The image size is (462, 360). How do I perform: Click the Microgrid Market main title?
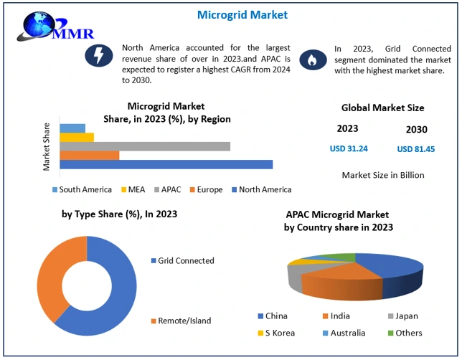tap(231, 14)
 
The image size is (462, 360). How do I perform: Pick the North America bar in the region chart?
tap(166, 164)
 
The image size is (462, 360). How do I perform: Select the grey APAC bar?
tap(145, 146)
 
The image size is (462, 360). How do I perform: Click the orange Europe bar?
tap(90, 155)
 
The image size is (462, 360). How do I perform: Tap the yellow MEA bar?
tap(77, 137)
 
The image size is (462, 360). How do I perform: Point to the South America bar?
tap(72, 128)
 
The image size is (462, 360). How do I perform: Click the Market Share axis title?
tap(47, 146)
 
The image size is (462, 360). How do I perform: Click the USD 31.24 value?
tap(349, 148)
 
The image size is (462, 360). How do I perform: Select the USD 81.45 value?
tap(415, 149)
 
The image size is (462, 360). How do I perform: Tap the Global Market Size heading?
tap(382, 108)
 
